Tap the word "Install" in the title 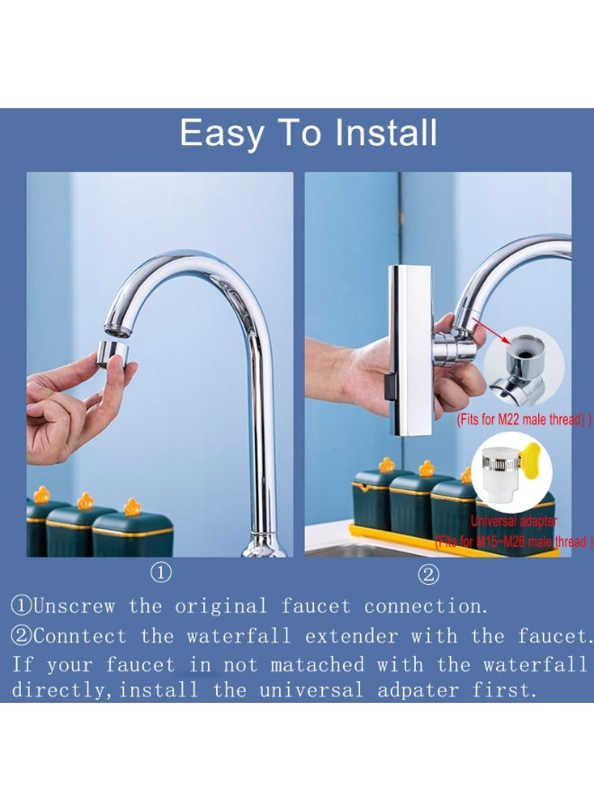[386, 133]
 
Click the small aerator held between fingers [113, 351]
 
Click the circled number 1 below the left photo [160, 572]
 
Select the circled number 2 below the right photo [428, 572]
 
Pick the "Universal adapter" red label [514, 521]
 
